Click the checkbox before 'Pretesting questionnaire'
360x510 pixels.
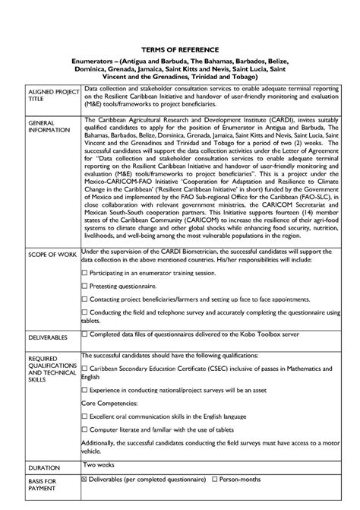click(x=84, y=287)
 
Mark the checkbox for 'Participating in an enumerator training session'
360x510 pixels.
click(x=84, y=271)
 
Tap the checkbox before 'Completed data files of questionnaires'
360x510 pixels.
click(x=84, y=333)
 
